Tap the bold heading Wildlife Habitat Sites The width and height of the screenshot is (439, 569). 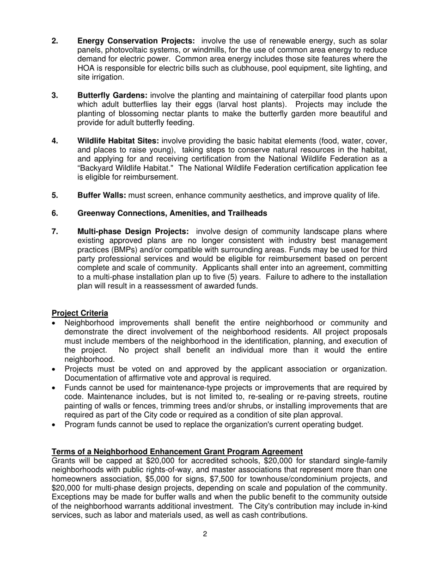[x=118, y=141]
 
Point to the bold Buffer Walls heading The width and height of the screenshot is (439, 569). [x=102, y=195]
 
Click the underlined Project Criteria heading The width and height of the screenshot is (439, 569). [x=80, y=313]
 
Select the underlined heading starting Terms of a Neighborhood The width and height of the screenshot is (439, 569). [x=177, y=451]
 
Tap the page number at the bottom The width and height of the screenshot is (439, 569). [x=205, y=534]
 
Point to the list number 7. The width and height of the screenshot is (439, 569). [x=55, y=231]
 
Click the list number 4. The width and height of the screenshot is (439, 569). [x=55, y=141]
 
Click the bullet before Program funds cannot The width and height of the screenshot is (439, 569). [x=55, y=425]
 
